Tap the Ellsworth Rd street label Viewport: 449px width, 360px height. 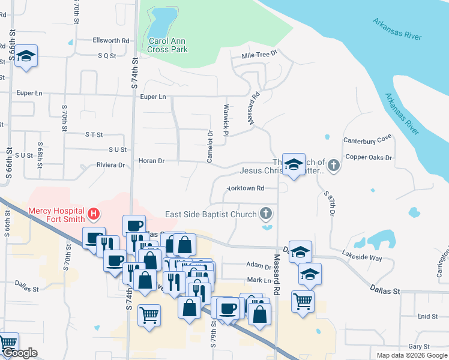coord(111,41)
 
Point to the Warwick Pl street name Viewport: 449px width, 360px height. coord(226,122)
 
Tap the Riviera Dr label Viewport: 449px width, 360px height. coord(110,165)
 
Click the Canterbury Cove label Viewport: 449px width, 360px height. coord(367,140)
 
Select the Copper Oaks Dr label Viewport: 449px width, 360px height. coord(369,158)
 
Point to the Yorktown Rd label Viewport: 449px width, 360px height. coord(245,188)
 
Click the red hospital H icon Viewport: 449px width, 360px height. coord(93,213)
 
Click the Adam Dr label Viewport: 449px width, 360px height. coord(259,265)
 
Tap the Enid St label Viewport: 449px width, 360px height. coord(427,316)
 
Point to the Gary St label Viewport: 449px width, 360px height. coord(418,347)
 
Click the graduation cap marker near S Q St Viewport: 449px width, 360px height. coord(26,56)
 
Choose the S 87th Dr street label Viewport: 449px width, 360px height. coord(330,204)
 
